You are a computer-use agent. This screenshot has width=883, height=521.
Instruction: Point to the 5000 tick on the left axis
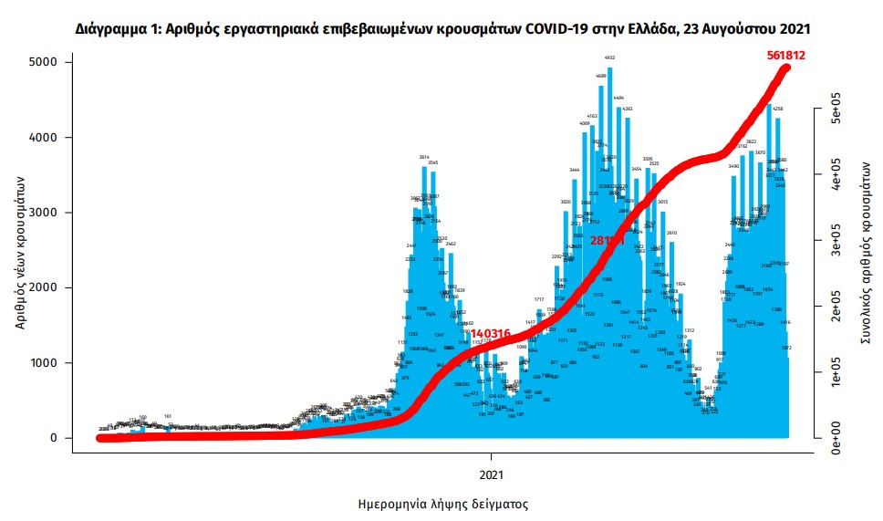tap(42, 62)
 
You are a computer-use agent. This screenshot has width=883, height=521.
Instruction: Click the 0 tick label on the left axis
tap(54, 438)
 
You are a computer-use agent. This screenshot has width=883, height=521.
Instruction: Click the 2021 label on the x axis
tap(492, 474)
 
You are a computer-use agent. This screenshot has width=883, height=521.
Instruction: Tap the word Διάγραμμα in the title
tap(109, 30)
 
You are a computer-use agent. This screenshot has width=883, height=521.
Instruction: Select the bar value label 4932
tap(609, 57)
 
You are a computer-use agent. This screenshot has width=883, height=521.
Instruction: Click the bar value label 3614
tap(424, 157)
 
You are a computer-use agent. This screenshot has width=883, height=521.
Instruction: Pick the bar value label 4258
tap(777, 109)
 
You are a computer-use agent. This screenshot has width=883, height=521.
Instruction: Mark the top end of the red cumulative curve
tap(786, 68)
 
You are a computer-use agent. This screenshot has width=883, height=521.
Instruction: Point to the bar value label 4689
tap(601, 76)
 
